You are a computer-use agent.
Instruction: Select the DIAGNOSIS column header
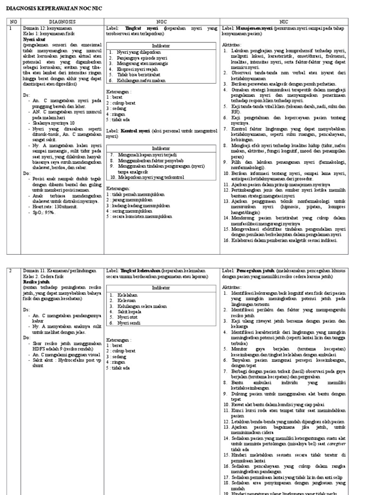pos(62,22)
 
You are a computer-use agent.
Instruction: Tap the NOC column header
pos(162,22)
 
